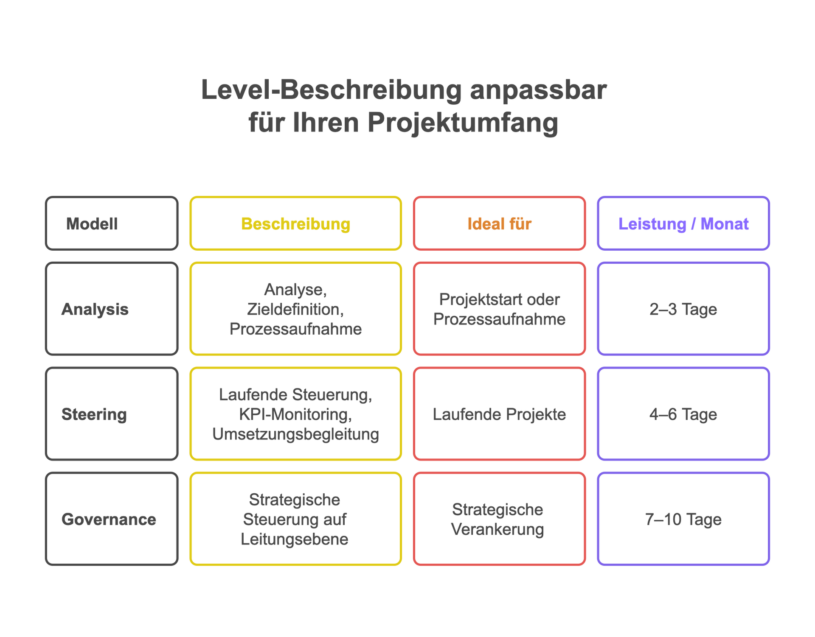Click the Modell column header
[x=92, y=224]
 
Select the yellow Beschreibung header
[x=295, y=224]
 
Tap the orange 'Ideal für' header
[x=499, y=224]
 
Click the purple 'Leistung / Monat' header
[x=683, y=224]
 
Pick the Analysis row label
[x=95, y=309]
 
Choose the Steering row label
[x=94, y=414]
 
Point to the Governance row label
[x=109, y=519]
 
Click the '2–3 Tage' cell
[x=683, y=309]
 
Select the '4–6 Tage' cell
[x=683, y=414]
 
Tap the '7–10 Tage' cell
[x=683, y=519]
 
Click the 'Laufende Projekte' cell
[x=499, y=414]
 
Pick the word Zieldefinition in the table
[x=295, y=310]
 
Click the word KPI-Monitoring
[x=295, y=414]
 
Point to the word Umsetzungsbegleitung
[x=295, y=434]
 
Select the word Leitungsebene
[x=295, y=539]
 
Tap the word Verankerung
[x=497, y=529]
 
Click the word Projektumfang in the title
[x=463, y=123]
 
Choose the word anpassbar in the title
[x=538, y=90]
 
